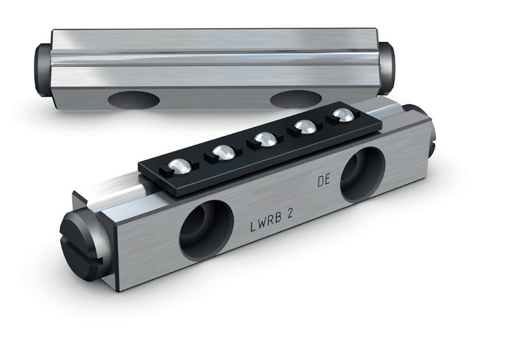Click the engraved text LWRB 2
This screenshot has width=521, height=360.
pos(271,220)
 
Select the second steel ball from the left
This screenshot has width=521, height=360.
pos(224,152)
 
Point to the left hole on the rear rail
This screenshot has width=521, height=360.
pos(134,99)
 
